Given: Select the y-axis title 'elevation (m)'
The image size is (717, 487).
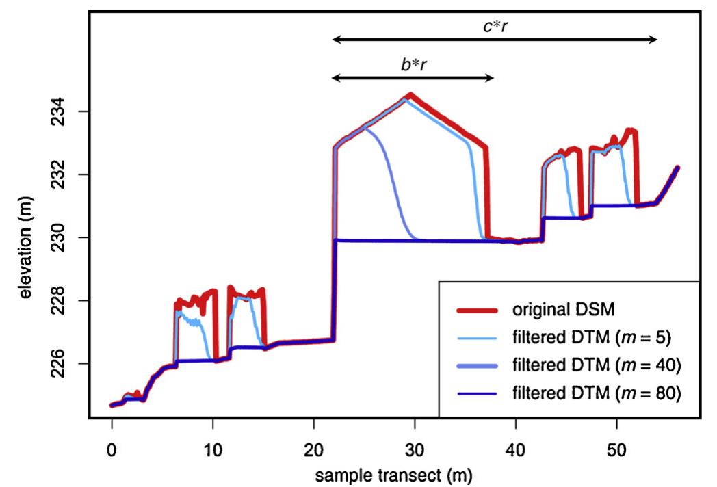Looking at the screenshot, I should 27,237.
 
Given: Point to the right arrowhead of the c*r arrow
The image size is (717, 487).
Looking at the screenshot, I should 654,40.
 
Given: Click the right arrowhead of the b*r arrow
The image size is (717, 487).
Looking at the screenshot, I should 490,78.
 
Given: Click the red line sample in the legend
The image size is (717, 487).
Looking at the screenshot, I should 476,310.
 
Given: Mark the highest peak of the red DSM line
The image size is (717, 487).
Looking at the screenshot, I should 410,94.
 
